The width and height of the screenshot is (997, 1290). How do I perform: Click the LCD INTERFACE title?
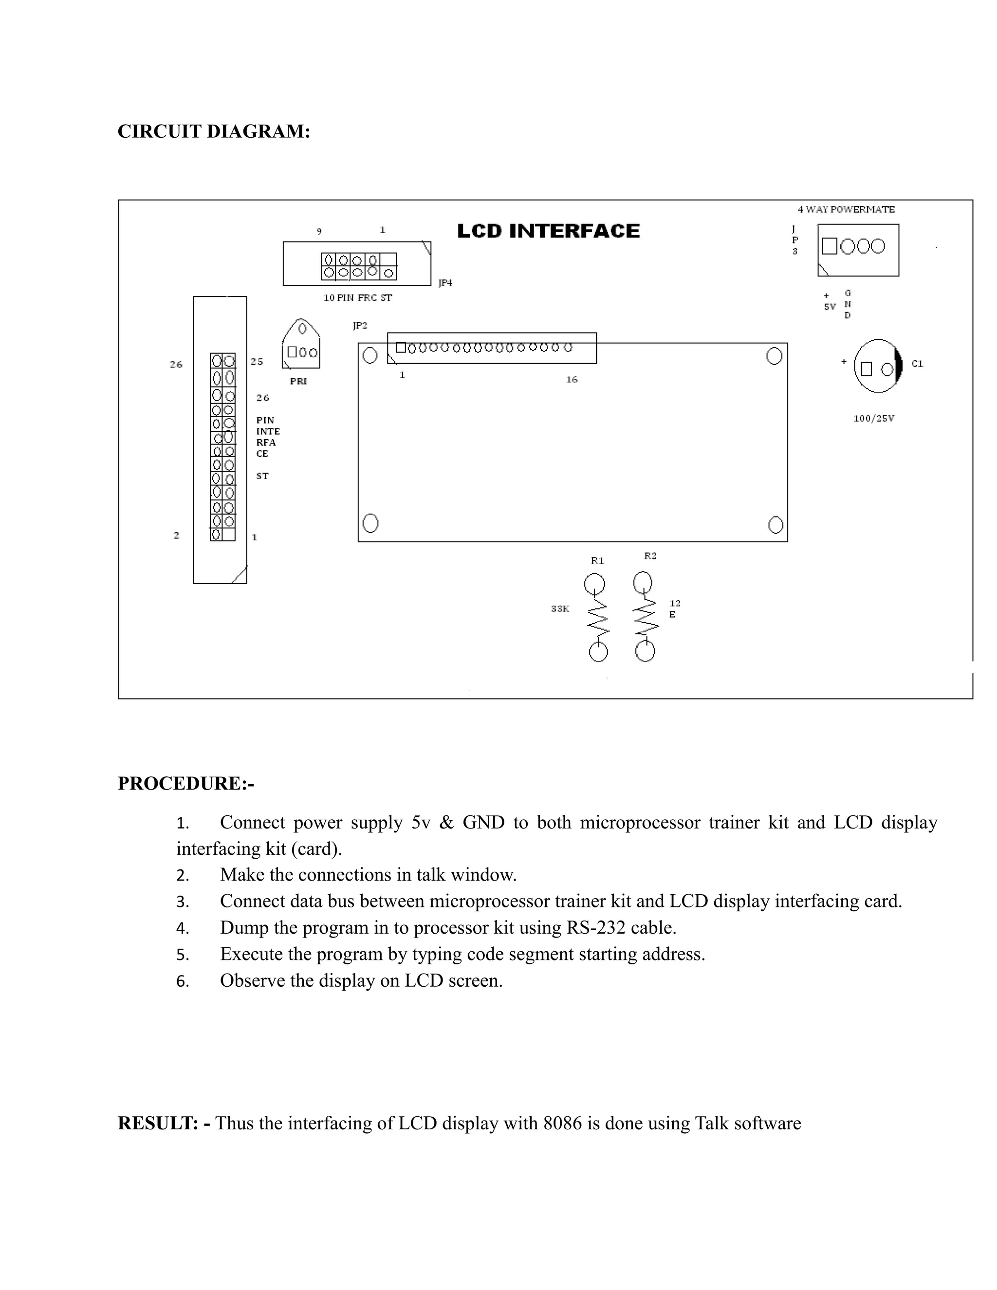point(548,231)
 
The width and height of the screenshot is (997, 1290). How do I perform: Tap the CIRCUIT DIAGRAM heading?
point(214,131)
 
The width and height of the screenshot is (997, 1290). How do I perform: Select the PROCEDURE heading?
point(186,783)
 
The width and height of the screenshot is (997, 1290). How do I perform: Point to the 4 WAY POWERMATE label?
point(846,209)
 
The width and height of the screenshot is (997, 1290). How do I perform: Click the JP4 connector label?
point(445,283)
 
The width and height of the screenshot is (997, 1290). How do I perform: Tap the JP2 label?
point(360,326)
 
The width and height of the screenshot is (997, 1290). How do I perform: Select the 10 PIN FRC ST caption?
point(357,298)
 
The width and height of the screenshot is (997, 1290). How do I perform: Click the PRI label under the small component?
point(298,381)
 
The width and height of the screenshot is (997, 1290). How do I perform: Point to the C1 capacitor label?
point(917,364)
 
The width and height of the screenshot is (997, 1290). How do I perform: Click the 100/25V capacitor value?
point(873,418)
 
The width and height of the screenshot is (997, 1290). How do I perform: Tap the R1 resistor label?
point(597,560)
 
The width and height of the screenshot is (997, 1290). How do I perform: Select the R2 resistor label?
point(650,556)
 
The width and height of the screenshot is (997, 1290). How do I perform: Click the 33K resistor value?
point(560,608)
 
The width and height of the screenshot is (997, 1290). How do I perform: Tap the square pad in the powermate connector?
point(829,246)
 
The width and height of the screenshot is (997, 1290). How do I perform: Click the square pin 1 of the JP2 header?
point(401,348)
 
